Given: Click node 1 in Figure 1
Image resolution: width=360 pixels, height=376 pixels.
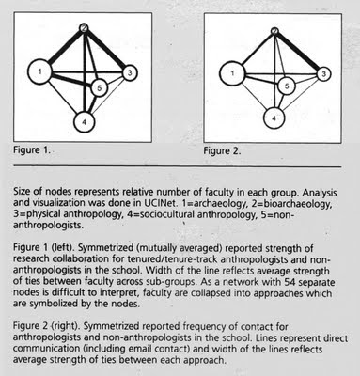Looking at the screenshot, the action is pyautogui.click(x=39, y=71).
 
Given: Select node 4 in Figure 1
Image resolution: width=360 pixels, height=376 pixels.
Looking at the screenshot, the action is pyautogui.click(x=84, y=122).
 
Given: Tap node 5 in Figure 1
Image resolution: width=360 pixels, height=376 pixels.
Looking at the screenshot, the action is pyautogui.click(x=99, y=88).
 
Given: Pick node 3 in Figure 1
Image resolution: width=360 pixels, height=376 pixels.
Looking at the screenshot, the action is pyautogui.click(x=130, y=73).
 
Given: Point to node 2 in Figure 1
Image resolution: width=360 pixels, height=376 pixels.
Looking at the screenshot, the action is pyautogui.click(x=84, y=28).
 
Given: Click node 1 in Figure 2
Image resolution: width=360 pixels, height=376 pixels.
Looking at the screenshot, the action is pyautogui.click(x=232, y=73).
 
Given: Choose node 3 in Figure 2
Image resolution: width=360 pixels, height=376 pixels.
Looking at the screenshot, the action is pyautogui.click(x=324, y=74).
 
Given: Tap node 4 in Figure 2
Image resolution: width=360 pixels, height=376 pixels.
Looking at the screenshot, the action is pyautogui.click(x=274, y=118).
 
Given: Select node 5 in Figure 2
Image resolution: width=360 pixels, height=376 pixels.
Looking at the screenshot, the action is pyautogui.click(x=287, y=86).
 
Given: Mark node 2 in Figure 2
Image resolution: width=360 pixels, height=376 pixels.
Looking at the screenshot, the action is pyautogui.click(x=274, y=31).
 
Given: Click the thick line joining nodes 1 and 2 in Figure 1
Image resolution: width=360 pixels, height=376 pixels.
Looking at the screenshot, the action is pyautogui.click(x=64, y=47).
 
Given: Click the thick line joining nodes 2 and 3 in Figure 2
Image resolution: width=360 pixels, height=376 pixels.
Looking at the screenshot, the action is pyautogui.click(x=298, y=51).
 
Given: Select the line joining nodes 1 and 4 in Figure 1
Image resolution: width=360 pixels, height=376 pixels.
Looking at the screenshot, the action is pyautogui.click(x=62, y=99).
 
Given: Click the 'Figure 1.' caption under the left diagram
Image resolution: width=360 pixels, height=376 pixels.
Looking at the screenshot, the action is pyautogui.click(x=31, y=150).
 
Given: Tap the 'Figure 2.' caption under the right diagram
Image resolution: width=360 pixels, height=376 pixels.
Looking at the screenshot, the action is pyautogui.click(x=222, y=151).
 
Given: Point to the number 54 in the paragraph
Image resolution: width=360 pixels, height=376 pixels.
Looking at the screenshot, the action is pyautogui.click(x=290, y=282).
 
